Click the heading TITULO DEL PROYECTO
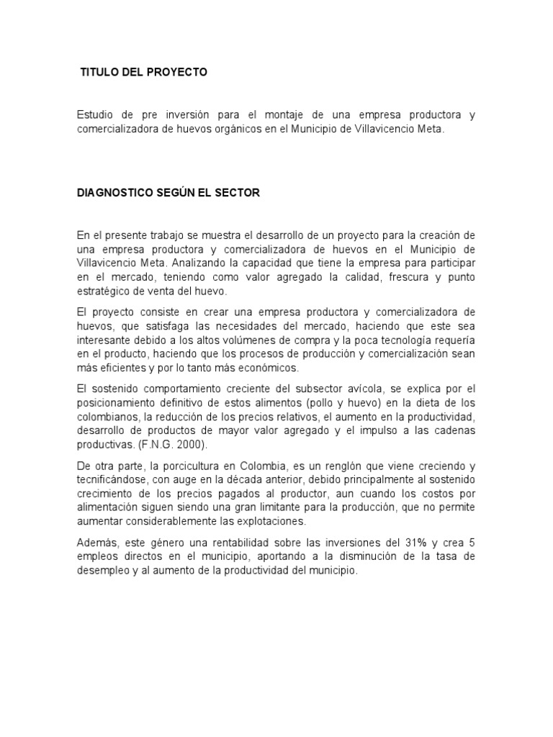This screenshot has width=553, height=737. point(143,73)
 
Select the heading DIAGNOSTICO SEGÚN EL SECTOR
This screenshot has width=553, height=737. point(168,194)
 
